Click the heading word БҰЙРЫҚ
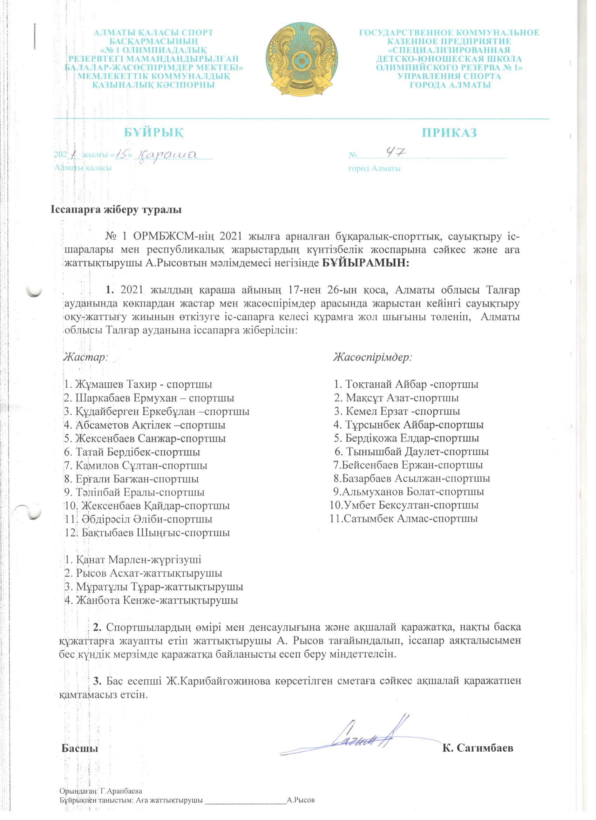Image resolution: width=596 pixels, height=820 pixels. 153,132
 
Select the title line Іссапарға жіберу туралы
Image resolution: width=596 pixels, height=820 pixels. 115,210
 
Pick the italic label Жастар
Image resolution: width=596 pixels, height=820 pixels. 86,357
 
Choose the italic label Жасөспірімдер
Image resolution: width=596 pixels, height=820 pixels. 373,357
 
